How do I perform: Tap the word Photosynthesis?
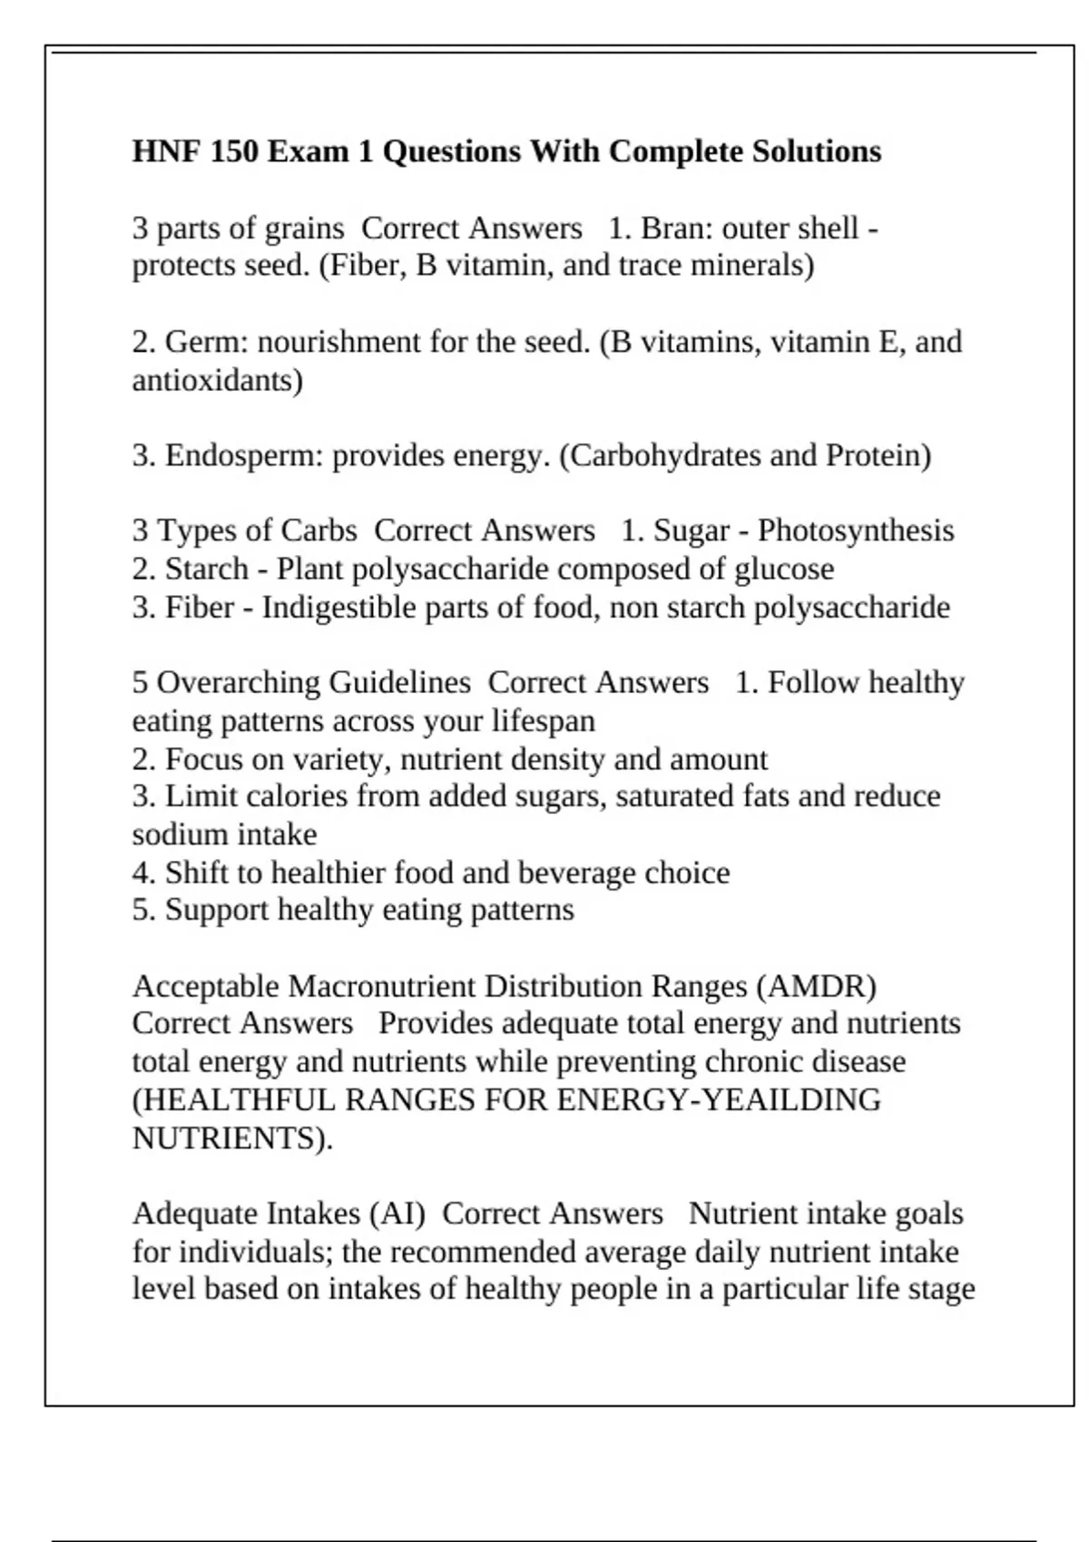pyautogui.click(x=856, y=531)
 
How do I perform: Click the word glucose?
pyautogui.click(x=784, y=569)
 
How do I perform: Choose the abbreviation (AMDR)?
pyautogui.click(x=816, y=986)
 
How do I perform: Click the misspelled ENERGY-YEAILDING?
pyautogui.click(x=718, y=1100)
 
